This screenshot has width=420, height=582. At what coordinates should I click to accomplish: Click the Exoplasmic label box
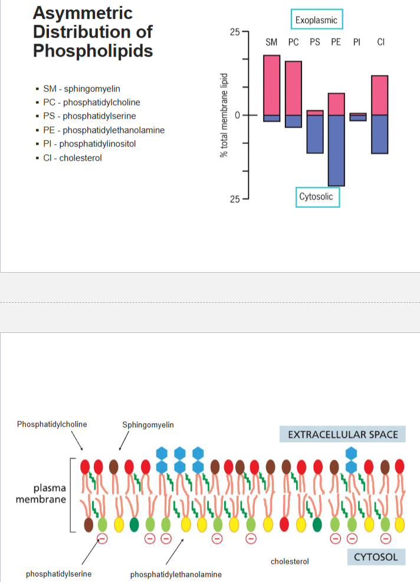(317, 20)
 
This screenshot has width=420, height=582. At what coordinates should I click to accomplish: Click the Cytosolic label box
(316, 197)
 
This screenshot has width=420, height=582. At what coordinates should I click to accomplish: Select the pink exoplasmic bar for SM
(271, 85)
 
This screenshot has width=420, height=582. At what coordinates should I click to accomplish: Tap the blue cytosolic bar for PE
(336, 150)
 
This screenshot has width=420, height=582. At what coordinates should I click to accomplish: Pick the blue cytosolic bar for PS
(315, 134)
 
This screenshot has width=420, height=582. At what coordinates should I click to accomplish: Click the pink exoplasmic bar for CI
(379, 95)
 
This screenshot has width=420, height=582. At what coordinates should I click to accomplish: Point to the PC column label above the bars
(293, 42)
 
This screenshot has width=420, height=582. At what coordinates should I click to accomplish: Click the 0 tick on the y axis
(237, 115)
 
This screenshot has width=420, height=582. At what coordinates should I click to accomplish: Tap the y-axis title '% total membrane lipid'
(224, 115)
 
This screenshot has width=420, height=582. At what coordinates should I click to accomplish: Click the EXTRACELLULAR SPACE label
(343, 435)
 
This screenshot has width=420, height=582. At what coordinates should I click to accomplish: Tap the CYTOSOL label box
(376, 557)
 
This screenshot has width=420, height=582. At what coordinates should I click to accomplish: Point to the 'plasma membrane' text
(41, 494)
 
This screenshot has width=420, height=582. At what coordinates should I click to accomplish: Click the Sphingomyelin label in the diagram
(148, 424)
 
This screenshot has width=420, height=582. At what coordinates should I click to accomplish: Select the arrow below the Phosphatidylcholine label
(77, 440)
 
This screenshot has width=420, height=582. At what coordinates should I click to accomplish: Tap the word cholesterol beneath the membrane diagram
(290, 561)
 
